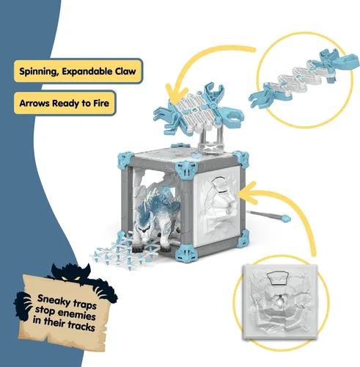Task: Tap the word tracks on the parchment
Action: click(x=81, y=326)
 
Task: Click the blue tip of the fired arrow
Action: click(x=286, y=217)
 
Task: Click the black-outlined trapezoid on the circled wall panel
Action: click(x=278, y=278)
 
